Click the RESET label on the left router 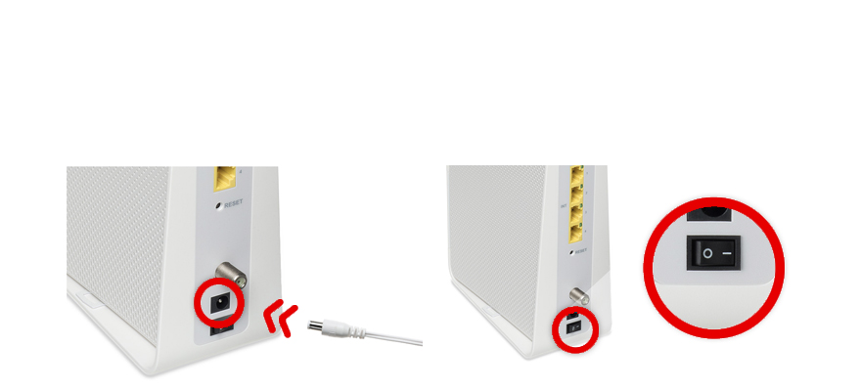[x=233, y=204]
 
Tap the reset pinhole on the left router [x=218, y=205]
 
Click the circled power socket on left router [x=220, y=303]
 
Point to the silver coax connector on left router [x=231, y=275]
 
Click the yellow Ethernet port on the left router [x=224, y=178]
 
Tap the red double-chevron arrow [x=280, y=318]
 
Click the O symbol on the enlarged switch [x=707, y=254]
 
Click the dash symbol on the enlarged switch [x=727, y=253]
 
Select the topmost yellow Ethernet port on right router [x=576, y=175]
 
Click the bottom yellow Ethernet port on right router [x=576, y=234]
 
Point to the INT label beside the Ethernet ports [x=563, y=206]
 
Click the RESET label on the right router [x=581, y=251]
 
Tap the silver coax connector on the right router [x=579, y=296]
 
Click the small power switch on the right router [x=573, y=327]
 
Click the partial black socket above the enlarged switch [x=708, y=213]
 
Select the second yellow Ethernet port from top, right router [x=576, y=195]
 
